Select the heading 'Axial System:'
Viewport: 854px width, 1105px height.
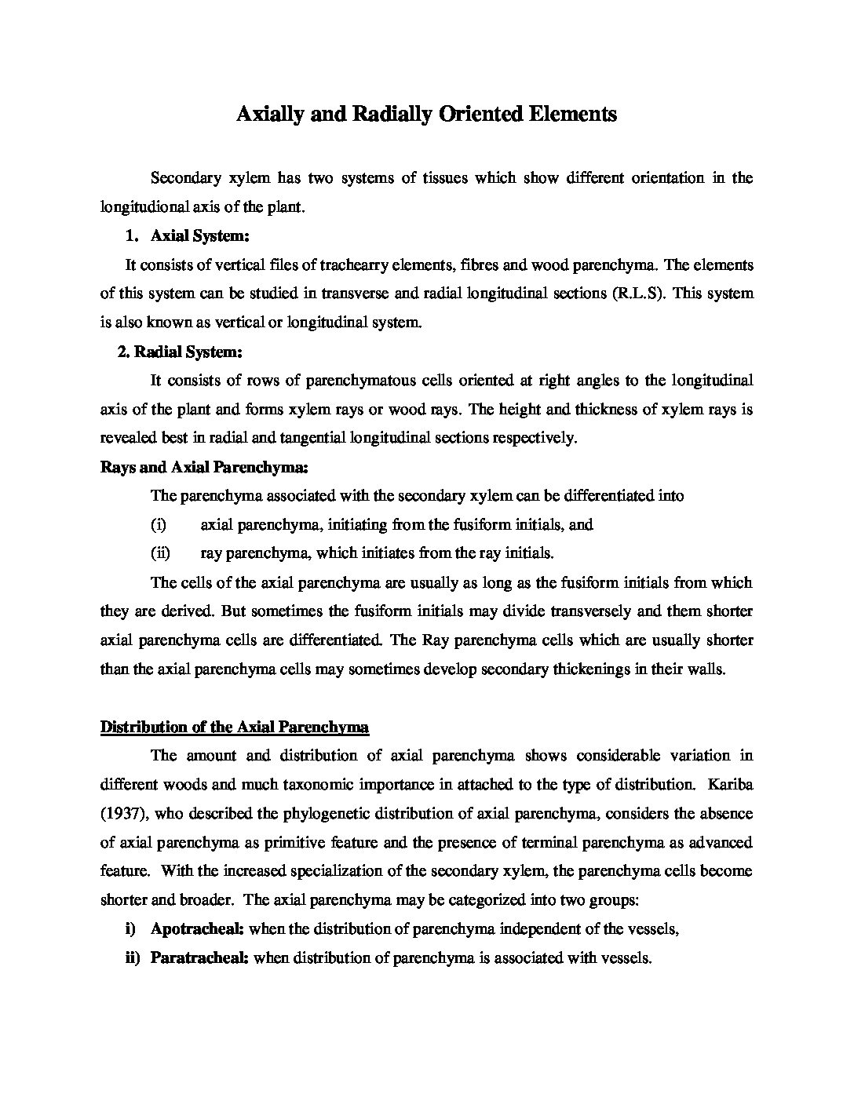coord(199,236)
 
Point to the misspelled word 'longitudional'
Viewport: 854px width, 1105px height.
coord(144,207)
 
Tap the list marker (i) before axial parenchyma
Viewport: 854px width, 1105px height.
coord(159,525)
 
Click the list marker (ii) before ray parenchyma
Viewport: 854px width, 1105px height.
coord(160,553)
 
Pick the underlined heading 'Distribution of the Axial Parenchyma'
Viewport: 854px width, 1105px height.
coord(235,728)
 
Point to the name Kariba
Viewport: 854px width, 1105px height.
coord(729,785)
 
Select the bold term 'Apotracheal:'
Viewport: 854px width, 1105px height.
coord(197,930)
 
